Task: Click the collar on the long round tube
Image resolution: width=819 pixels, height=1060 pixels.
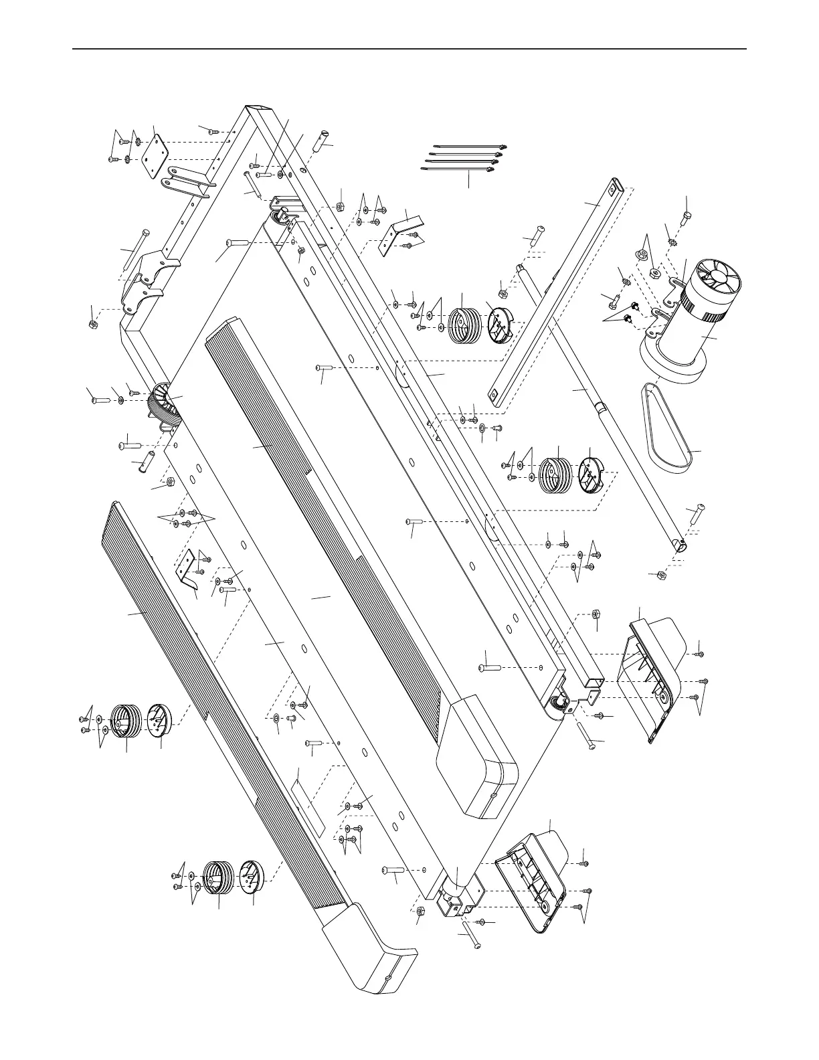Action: (x=601, y=407)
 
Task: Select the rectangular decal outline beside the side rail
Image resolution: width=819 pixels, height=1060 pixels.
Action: (x=309, y=802)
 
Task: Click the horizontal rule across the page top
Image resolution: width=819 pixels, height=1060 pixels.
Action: (x=409, y=49)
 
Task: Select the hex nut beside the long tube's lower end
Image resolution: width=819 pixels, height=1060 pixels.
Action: (x=660, y=574)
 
